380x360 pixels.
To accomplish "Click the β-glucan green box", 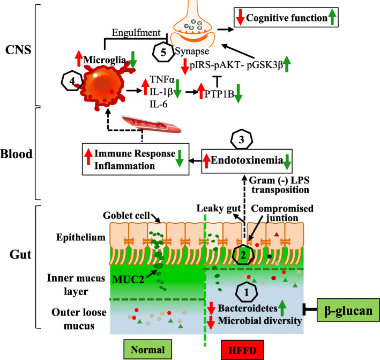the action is [x=348, y=311].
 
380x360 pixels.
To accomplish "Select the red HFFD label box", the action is [x=242, y=350].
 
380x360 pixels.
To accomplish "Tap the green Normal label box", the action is [x=148, y=350].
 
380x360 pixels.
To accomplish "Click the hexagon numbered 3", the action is [x=241, y=139].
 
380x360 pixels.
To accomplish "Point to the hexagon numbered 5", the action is [x=163, y=52].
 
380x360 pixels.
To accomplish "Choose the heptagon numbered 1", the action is [x=247, y=292].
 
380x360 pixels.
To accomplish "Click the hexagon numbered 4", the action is [x=72, y=81].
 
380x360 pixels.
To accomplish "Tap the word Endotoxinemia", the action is [x=247, y=160].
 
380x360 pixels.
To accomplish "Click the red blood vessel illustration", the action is [x=152, y=124].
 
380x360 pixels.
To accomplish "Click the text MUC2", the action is [x=128, y=280].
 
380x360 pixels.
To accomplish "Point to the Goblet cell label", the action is [x=126, y=216].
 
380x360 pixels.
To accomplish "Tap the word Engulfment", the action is [x=136, y=33].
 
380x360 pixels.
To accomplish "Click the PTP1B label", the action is [x=219, y=94].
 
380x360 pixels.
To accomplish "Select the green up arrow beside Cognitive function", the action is [x=332, y=17].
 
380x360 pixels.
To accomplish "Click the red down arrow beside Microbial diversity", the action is [x=211, y=322].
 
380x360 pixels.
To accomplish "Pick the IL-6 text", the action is [x=159, y=104].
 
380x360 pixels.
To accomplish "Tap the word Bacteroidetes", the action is [x=248, y=308].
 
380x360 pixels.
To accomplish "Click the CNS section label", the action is [x=18, y=50].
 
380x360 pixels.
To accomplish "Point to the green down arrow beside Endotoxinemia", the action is [x=287, y=162].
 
